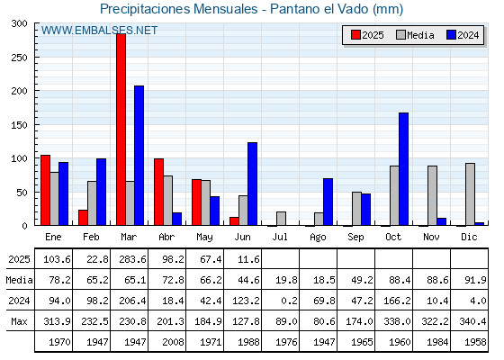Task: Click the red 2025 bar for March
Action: click(121, 130)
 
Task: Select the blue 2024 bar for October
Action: click(404, 169)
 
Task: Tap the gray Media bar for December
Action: click(470, 194)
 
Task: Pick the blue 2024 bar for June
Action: click(253, 184)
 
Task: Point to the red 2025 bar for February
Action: click(83, 218)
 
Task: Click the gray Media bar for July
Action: click(281, 219)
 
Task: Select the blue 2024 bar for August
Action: click(328, 202)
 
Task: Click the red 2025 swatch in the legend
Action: click(355, 35)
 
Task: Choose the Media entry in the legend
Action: click(415, 35)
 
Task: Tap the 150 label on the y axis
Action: click(19, 125)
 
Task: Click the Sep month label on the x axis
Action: click(355, 238)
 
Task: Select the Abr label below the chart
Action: click(166, 238)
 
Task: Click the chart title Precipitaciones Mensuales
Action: click(179, 9)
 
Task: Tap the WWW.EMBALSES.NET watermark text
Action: click(99, 31)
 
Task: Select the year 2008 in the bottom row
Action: click(173, 342)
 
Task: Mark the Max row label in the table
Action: click(19, 321)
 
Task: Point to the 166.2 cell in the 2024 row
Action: click(397, 301)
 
